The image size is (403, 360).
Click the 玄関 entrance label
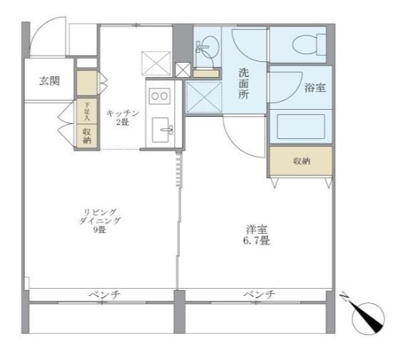pyautogui.click(x=49, y=81)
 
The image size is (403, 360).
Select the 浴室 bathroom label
pyautogui.click(x=315, y=88)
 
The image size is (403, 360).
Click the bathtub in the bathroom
pyautogui.click(x=300, y=125)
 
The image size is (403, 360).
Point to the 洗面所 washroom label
pyautogui.click(x=243, y=84)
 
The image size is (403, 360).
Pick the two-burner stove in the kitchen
pyautogui.click(x=159, y=95)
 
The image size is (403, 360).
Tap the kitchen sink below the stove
pyautogui.click(x=165, y=130)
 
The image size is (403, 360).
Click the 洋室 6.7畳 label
pyautogui.click(x=257, y=236)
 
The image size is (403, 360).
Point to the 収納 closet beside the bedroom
pyautogui.click(x=300, y=161)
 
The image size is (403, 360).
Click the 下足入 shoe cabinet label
pyautogui.click(x=86, y=111)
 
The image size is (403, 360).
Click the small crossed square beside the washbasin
pyautogui.click(x=183, y=70)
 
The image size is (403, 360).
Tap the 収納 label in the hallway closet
pyautogui.click(x=86, y=135)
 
